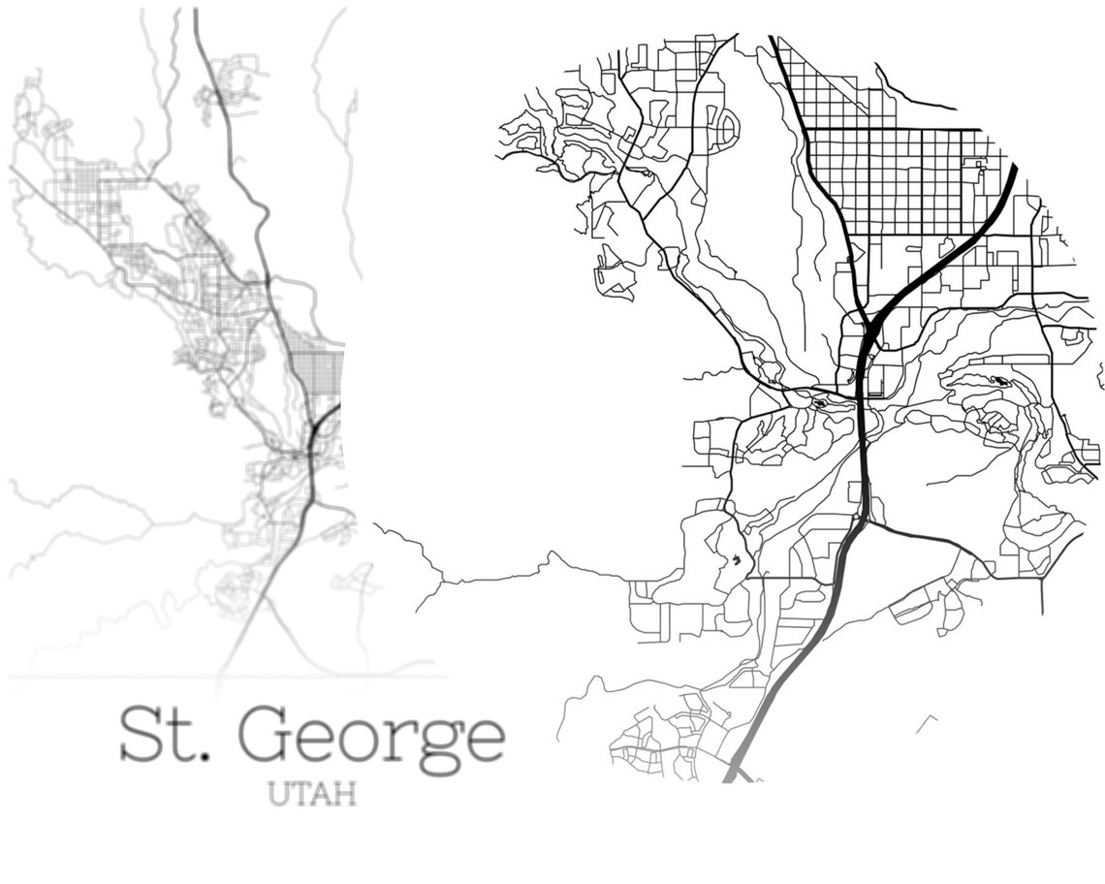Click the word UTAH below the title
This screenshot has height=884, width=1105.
coord(311,794)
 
